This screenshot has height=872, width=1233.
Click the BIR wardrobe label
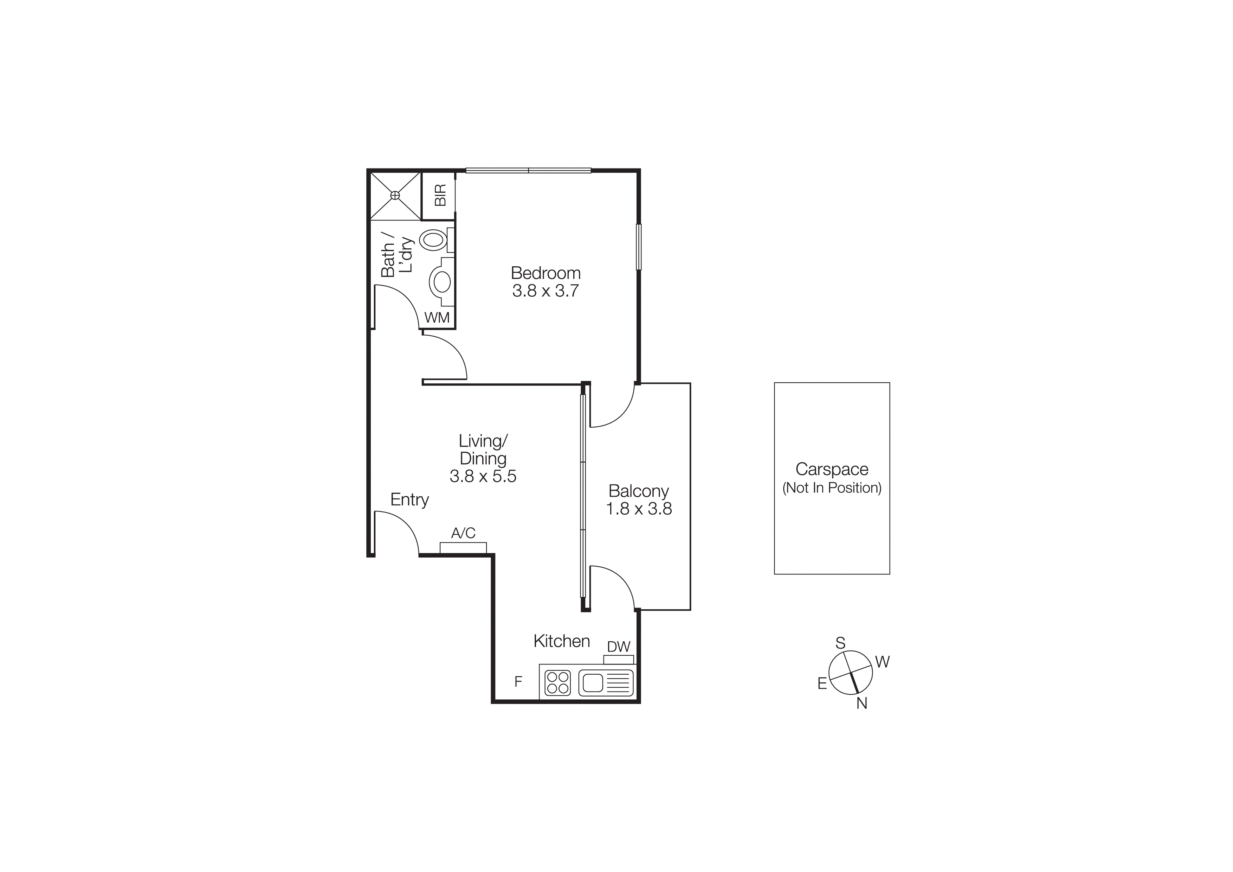(x=440, y=195)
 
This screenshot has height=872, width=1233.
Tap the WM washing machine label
(x=437, y=318)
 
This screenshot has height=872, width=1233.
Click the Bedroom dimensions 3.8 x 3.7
(x=545, y=291)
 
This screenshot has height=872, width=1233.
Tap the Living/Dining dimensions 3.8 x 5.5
(x=483, y=476)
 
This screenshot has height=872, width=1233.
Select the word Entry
(x=409, y=499)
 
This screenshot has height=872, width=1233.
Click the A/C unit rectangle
(x=463, y=548)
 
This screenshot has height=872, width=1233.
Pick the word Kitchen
(x=561, y=641)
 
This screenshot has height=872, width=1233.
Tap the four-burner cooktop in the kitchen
(x=557, y=683)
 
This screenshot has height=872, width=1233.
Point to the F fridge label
(x=518, y=682)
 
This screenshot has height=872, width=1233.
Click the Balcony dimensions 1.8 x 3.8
(x=639, y=509)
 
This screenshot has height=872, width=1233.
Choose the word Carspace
(x=831, y=469)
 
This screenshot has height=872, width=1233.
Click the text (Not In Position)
(x=831, y=488)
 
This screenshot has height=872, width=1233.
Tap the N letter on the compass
(x=861, y=703)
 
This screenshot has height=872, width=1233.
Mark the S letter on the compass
(x=840, y=643)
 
